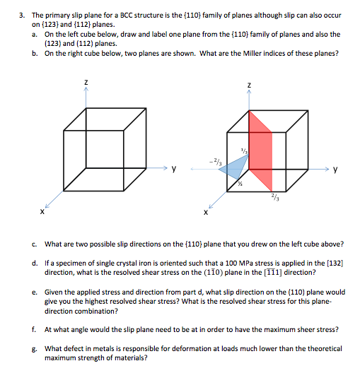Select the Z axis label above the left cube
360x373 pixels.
pos(86,83)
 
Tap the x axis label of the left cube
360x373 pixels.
pos(42,211)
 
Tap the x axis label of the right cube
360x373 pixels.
pos(205,211)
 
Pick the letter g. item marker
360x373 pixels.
pos(34,348)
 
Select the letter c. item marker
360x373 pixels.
pos(34,244)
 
